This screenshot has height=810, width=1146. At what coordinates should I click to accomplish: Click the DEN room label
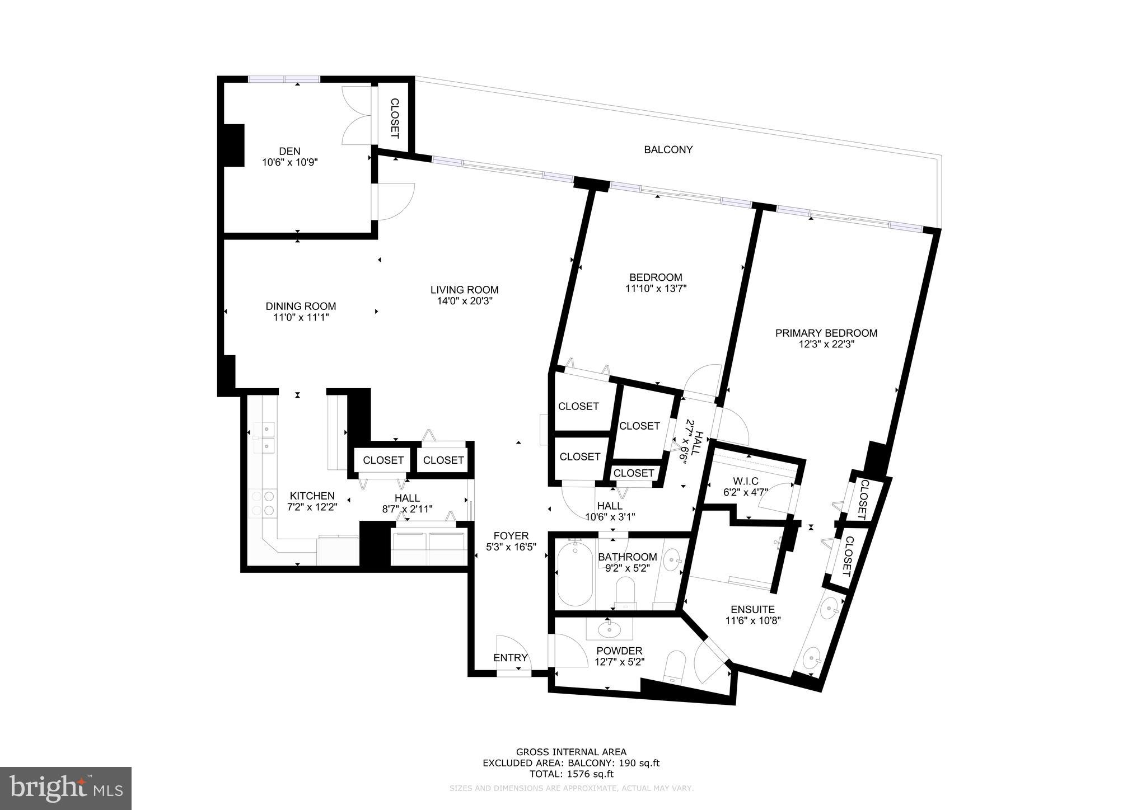pos(289,151)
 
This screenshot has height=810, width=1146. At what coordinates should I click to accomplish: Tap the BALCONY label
pos(668,150)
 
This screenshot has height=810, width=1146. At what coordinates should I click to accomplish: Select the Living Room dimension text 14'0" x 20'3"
pos(464,301)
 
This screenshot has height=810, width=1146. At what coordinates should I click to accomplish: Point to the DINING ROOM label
pos(301,306)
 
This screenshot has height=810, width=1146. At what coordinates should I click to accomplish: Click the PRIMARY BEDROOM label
pos(826,333)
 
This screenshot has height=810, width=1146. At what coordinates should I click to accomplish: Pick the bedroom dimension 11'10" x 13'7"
pos(656,289)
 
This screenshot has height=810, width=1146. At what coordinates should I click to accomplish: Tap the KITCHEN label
pos(312,496)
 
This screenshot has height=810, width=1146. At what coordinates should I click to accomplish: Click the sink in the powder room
pos(608,630)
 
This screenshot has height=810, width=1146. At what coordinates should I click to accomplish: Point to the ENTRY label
pos(510,658)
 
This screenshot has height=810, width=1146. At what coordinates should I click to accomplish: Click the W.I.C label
pos(745,482)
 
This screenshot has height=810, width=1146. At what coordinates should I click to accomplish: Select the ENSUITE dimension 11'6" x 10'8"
pos(752,620)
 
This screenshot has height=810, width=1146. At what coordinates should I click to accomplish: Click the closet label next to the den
pos(394,118)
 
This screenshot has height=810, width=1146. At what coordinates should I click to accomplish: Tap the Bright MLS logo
pos(66,788)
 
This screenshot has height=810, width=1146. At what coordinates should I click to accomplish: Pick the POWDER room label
pos(619,651)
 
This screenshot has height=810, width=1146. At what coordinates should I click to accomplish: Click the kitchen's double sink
pos(263,438)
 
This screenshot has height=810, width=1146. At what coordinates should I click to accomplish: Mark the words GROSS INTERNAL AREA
pos(571,752)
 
